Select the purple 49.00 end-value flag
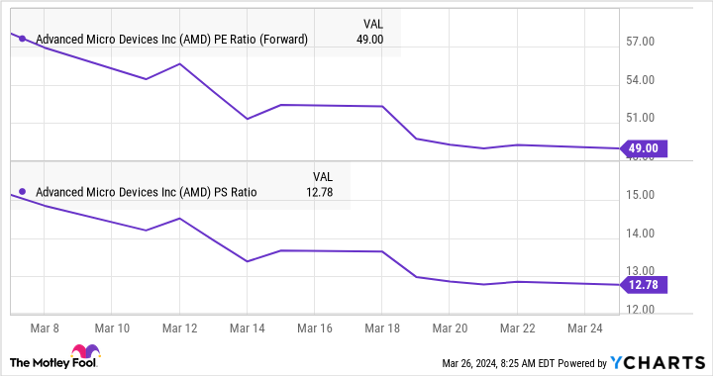(643, 148)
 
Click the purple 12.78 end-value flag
(643, 285)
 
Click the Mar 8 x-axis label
(43, 326)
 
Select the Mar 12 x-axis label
(178, 326)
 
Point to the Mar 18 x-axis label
(381, 326)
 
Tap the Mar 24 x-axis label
(584, 326)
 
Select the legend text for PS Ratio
(147, 192)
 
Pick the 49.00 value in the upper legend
(370, 40)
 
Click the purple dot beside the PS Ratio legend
(23, 192)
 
